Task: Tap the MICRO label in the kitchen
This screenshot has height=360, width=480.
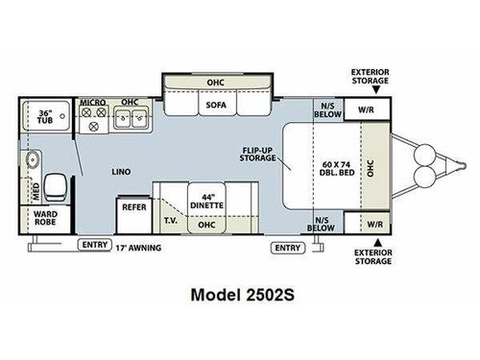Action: (x=91, y=100)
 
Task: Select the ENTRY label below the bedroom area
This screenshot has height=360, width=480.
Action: (x=287, y=248)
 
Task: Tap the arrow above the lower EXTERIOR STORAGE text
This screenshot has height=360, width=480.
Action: (x=377, y=241)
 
